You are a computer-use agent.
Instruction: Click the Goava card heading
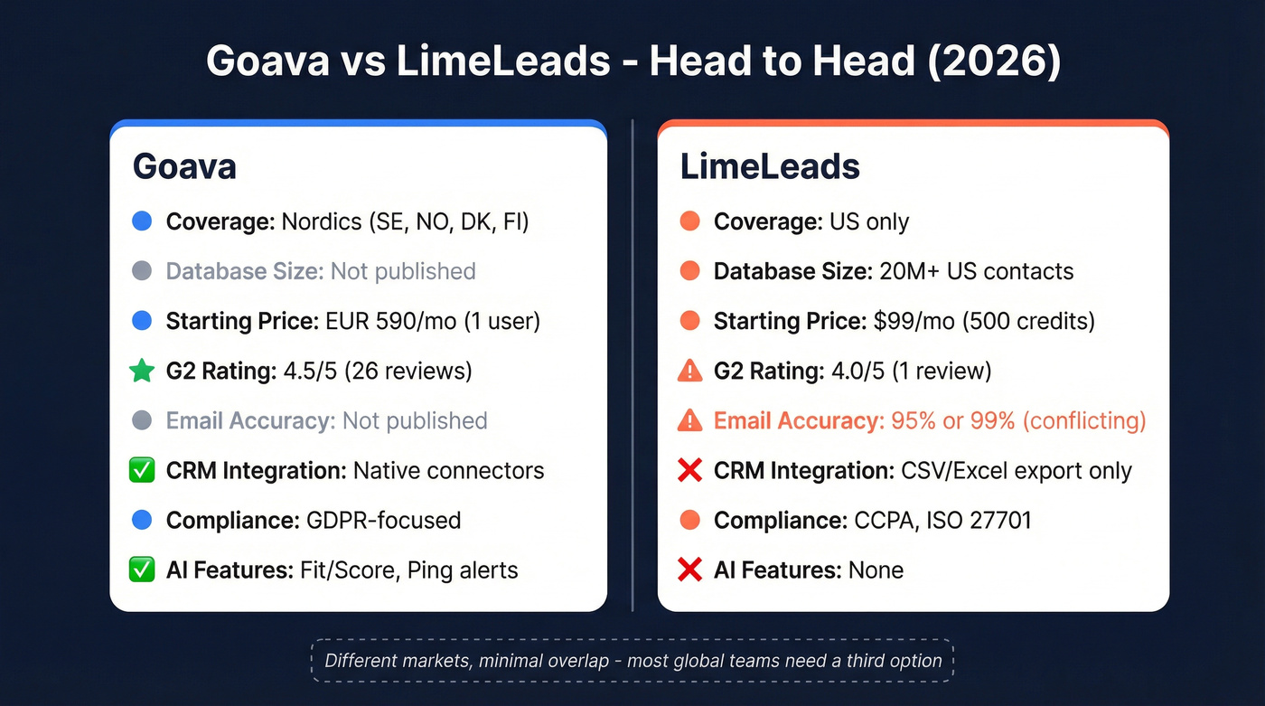click(x=184, y=166)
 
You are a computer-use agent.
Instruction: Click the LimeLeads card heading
click(x=769, y=166)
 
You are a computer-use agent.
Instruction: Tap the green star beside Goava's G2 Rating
click(x=142, y=371)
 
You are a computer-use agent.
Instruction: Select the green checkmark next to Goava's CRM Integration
click(x=142, y=470)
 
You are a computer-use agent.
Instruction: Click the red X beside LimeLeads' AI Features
click(x=689, y=570)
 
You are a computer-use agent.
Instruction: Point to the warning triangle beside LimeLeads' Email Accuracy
click(x=689, y=420)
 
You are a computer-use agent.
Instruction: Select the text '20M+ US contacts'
click(x=977, y=271)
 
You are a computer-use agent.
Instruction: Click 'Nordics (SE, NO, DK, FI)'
click(x=405, y=221)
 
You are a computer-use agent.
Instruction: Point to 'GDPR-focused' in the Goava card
click(x=383, y=520)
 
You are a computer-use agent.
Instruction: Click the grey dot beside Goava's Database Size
click(x=142, y=271)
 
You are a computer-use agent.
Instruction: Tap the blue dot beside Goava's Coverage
click(x=142, y=221)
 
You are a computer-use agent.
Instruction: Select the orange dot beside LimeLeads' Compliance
click(x=689, y=520)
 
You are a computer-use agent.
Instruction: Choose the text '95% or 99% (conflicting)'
click(x=1018, y=420)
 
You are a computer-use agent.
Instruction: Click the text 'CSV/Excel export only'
click(x=1017, y=470)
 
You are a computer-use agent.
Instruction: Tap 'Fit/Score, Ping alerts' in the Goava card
click(x=409, y=570)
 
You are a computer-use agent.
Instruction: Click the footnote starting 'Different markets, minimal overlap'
click(x=632, y=661)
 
